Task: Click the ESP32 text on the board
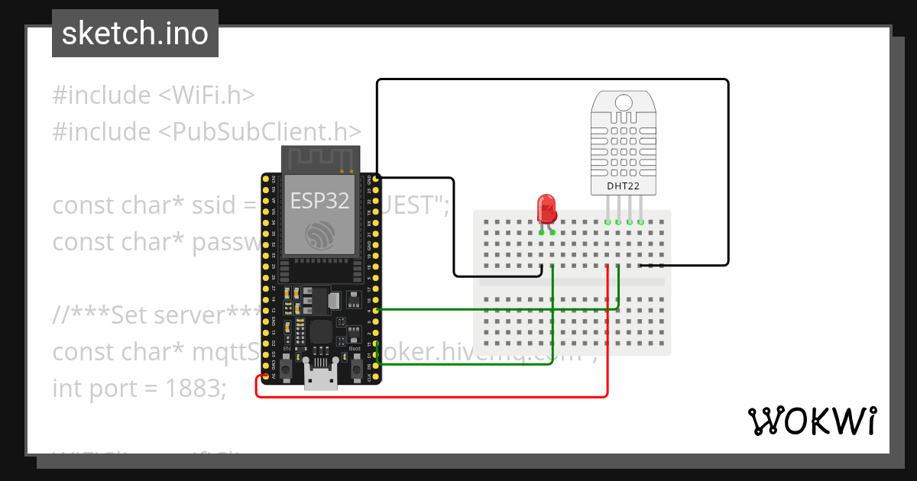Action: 319,201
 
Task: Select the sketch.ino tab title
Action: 135,34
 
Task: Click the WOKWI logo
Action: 812,421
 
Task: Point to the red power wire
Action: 607,344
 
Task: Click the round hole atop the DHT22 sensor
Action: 624,102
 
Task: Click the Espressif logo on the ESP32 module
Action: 319,235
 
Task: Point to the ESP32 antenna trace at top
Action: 319,159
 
